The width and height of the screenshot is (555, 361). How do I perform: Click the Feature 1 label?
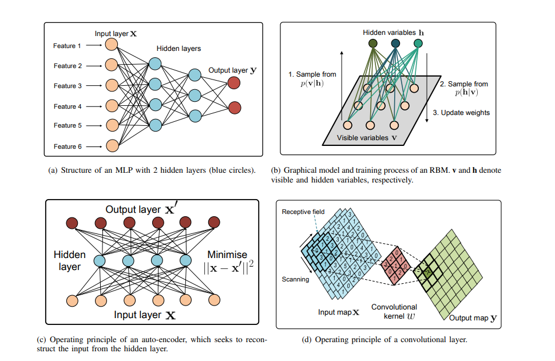click(x=68, y=46)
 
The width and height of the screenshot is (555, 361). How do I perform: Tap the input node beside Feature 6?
click(x=112, y=145)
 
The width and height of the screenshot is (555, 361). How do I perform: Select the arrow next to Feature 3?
click(x=94, y=86)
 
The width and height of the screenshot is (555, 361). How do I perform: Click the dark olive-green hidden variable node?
click(x=373, y=43)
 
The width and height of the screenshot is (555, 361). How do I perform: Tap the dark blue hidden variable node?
click(x=395, y=43)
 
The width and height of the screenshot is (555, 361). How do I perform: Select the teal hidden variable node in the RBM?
click(x=418, y=43)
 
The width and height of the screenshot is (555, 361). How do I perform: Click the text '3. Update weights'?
click(x=461, y=113)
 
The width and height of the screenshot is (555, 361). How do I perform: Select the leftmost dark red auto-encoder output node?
click(x=72, y=222)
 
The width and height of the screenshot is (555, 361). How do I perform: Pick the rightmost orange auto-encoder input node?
click(x=214, y=299)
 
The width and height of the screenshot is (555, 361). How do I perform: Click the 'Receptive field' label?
click(x=303, y=212)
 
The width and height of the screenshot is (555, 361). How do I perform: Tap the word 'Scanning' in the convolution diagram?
click(x=295, y=279)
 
